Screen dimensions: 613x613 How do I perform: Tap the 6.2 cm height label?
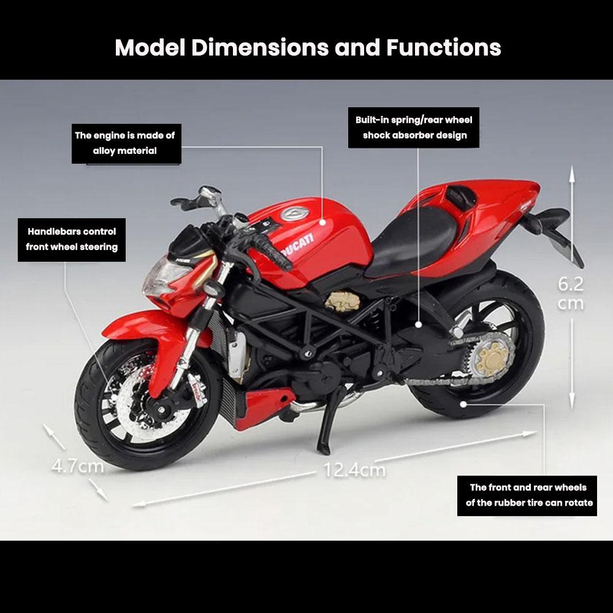pyautogui.click(x=571, y=293)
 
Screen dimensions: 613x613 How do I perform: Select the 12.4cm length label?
pyautogui.click(x=355, y=470)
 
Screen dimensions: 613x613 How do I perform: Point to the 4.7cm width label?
pyautogui.click(x=77, y=466)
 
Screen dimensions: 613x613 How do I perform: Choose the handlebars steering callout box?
pyautogui.click(x=72, y=240)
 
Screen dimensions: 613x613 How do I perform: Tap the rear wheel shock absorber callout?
pyautogui.click(x=414, y=128)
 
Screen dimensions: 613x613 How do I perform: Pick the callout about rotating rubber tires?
pyautogui.click(x=527, y=495)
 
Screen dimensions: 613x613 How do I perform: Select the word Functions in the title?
pyautogui.click(x=443, y=47)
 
